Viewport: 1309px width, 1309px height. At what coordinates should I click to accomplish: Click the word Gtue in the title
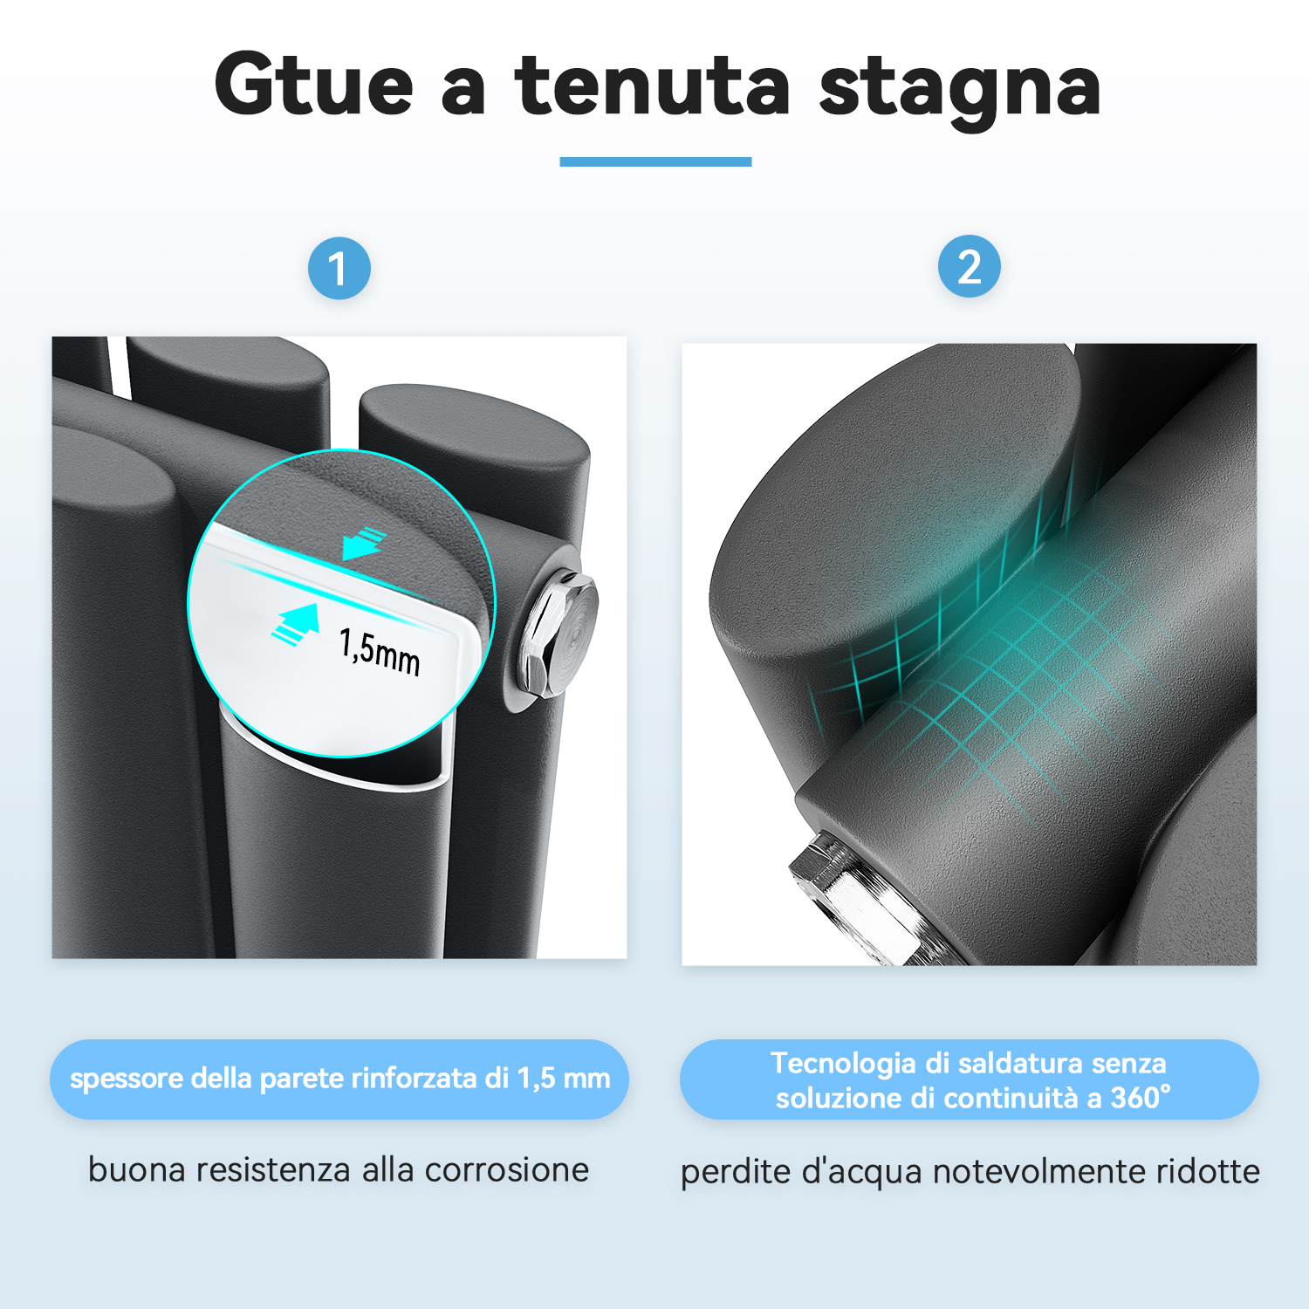313,85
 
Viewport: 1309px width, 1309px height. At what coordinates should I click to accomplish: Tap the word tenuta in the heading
653,85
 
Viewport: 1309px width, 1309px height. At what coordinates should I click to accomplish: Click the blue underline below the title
655,161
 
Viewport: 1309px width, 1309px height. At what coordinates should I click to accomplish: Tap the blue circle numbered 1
339,268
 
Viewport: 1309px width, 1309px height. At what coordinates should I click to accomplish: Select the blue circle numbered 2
969,266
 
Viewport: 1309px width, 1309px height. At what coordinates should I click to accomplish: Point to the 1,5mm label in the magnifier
380,651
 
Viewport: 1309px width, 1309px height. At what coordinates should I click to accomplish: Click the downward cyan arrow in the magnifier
364,543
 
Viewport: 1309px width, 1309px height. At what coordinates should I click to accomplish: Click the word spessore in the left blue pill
127,1079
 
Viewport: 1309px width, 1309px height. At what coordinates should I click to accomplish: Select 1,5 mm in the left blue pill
564,1079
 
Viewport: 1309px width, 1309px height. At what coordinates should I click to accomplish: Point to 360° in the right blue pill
1141,1097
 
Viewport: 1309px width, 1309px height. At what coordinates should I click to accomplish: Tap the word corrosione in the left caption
507,1170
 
